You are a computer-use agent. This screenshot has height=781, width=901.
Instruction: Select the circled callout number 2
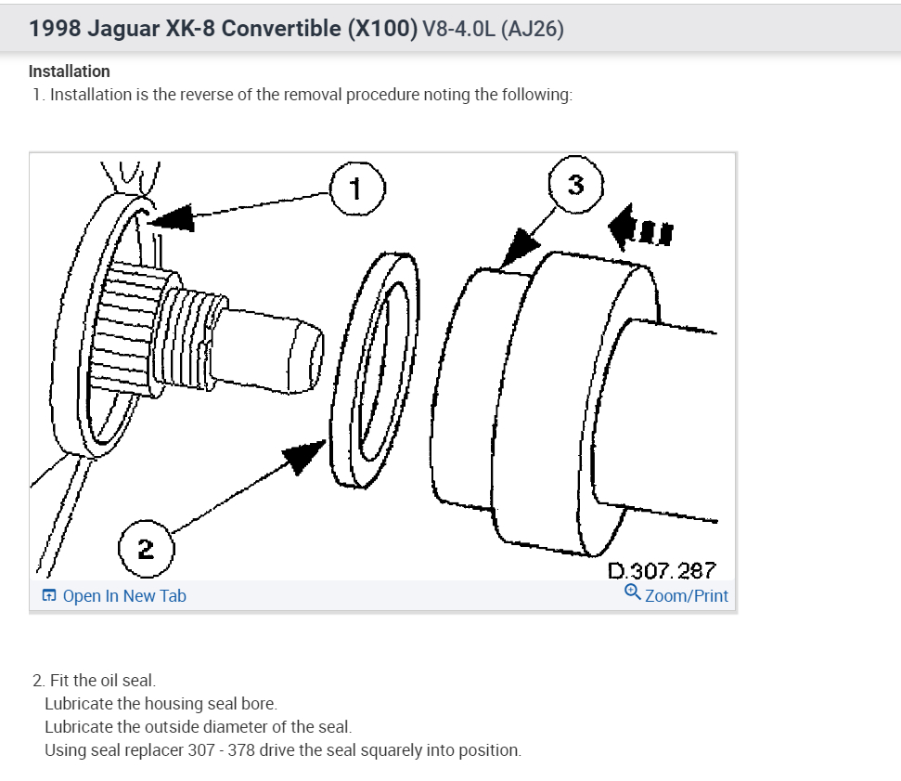tap(146, 548)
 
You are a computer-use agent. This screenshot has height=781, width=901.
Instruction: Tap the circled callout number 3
tap(575, 185)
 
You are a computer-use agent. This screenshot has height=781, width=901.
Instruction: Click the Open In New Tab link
tap(123, 596)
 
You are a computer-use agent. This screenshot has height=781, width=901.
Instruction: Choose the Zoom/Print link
tap(686, 596)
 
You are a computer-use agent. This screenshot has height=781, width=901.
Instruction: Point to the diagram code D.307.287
tap(661, 570)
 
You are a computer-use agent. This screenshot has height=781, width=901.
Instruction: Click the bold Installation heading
tap(70, 72)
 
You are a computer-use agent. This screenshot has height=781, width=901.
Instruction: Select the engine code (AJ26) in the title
tap(532, 29)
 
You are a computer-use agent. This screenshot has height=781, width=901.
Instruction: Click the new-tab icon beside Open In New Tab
tap(49, 596)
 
